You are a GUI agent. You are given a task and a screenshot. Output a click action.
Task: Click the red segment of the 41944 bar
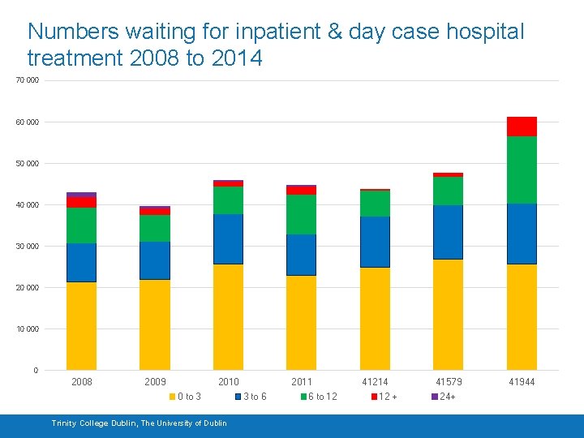coord(522,127)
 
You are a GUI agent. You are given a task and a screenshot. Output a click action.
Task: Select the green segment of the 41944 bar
coord(522,170)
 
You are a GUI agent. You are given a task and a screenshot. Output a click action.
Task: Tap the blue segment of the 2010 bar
coord(228,239)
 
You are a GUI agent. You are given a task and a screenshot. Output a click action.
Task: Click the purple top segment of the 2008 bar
coord(81,195)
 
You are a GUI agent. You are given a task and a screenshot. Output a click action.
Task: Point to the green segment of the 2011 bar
coord(301,215)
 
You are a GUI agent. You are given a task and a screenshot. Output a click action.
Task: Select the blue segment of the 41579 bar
coord(448,232)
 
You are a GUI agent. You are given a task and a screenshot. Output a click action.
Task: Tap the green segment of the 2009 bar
coord(154,229)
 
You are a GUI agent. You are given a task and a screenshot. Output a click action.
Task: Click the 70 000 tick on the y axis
coord(27,81)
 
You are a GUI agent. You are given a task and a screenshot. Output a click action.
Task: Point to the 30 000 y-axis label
coord(27,247)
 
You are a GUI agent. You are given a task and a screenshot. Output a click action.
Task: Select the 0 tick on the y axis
coord(35,371)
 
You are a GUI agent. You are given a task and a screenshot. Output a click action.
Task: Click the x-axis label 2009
coord(155,382)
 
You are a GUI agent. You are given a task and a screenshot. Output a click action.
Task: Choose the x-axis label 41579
coord(449,382)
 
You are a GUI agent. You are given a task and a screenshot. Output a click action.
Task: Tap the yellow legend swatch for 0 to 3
coord(172,397)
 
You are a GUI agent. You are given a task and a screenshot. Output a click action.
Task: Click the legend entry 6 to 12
coord(322,397)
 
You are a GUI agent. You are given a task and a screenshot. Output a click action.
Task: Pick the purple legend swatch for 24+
coord(435,397)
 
